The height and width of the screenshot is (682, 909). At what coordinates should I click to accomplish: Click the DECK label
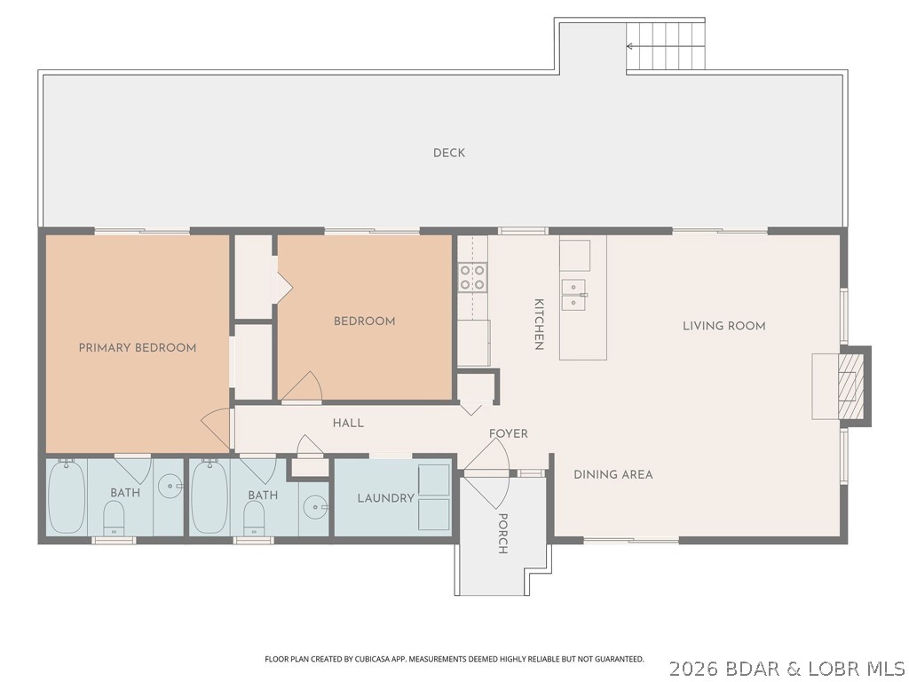[449, 153]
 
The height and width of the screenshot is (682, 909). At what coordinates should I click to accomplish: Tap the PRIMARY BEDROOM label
[138, 347]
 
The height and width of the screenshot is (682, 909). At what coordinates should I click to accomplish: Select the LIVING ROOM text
[723, 326]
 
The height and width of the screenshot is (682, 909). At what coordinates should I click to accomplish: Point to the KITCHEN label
[538, 324]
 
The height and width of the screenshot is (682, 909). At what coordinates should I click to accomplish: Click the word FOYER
[509, 433]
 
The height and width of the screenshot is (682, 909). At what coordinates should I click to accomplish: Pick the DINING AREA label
[613, 474]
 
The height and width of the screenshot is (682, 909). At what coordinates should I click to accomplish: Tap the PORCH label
[502, 534]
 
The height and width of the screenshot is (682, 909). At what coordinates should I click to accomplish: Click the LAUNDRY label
[385, 498]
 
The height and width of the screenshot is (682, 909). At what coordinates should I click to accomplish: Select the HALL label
[348, 424]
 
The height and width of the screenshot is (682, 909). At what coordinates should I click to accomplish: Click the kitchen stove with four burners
[473, 277]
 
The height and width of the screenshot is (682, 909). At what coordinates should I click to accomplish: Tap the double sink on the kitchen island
[574, 294]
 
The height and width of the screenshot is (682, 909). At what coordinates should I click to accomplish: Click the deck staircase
[666, 45]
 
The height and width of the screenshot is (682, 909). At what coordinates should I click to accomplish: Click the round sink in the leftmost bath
[170, 486]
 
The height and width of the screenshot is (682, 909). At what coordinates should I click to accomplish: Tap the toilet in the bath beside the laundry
[254, 518]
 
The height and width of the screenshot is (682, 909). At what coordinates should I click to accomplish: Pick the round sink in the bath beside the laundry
[314, 507]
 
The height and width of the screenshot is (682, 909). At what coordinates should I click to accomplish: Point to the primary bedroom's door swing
[216, 429]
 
